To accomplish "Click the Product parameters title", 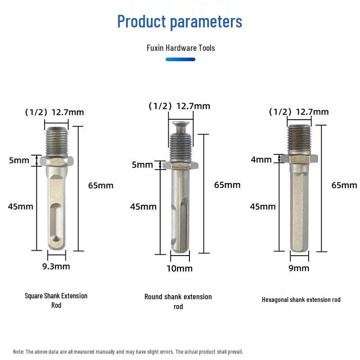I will (x=180, y=21).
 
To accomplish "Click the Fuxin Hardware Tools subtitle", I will (x=180, y=48).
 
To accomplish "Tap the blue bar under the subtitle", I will (x=180, y=59).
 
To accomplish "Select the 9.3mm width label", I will (x=56, y=266).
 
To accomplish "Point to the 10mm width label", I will (x=180, y=269).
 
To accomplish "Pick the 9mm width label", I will (x=299, y=268).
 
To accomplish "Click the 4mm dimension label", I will (x=261, y=159).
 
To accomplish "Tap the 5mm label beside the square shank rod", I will (x=19, y=160).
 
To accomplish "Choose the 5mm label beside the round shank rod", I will (x=143, y=165).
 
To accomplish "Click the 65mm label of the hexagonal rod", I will (x=344, y=185).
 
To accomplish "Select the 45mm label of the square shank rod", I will (x=21, y=207).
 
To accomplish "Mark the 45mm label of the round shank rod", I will (x=143, y=207).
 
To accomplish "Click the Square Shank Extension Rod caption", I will (x=56, y=301).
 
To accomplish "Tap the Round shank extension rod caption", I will (x=178, y=301).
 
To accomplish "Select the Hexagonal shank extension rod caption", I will (x=301, y=300).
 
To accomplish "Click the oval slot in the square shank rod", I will (x=57, y=219).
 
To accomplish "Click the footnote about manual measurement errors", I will (x=128, y=351).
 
